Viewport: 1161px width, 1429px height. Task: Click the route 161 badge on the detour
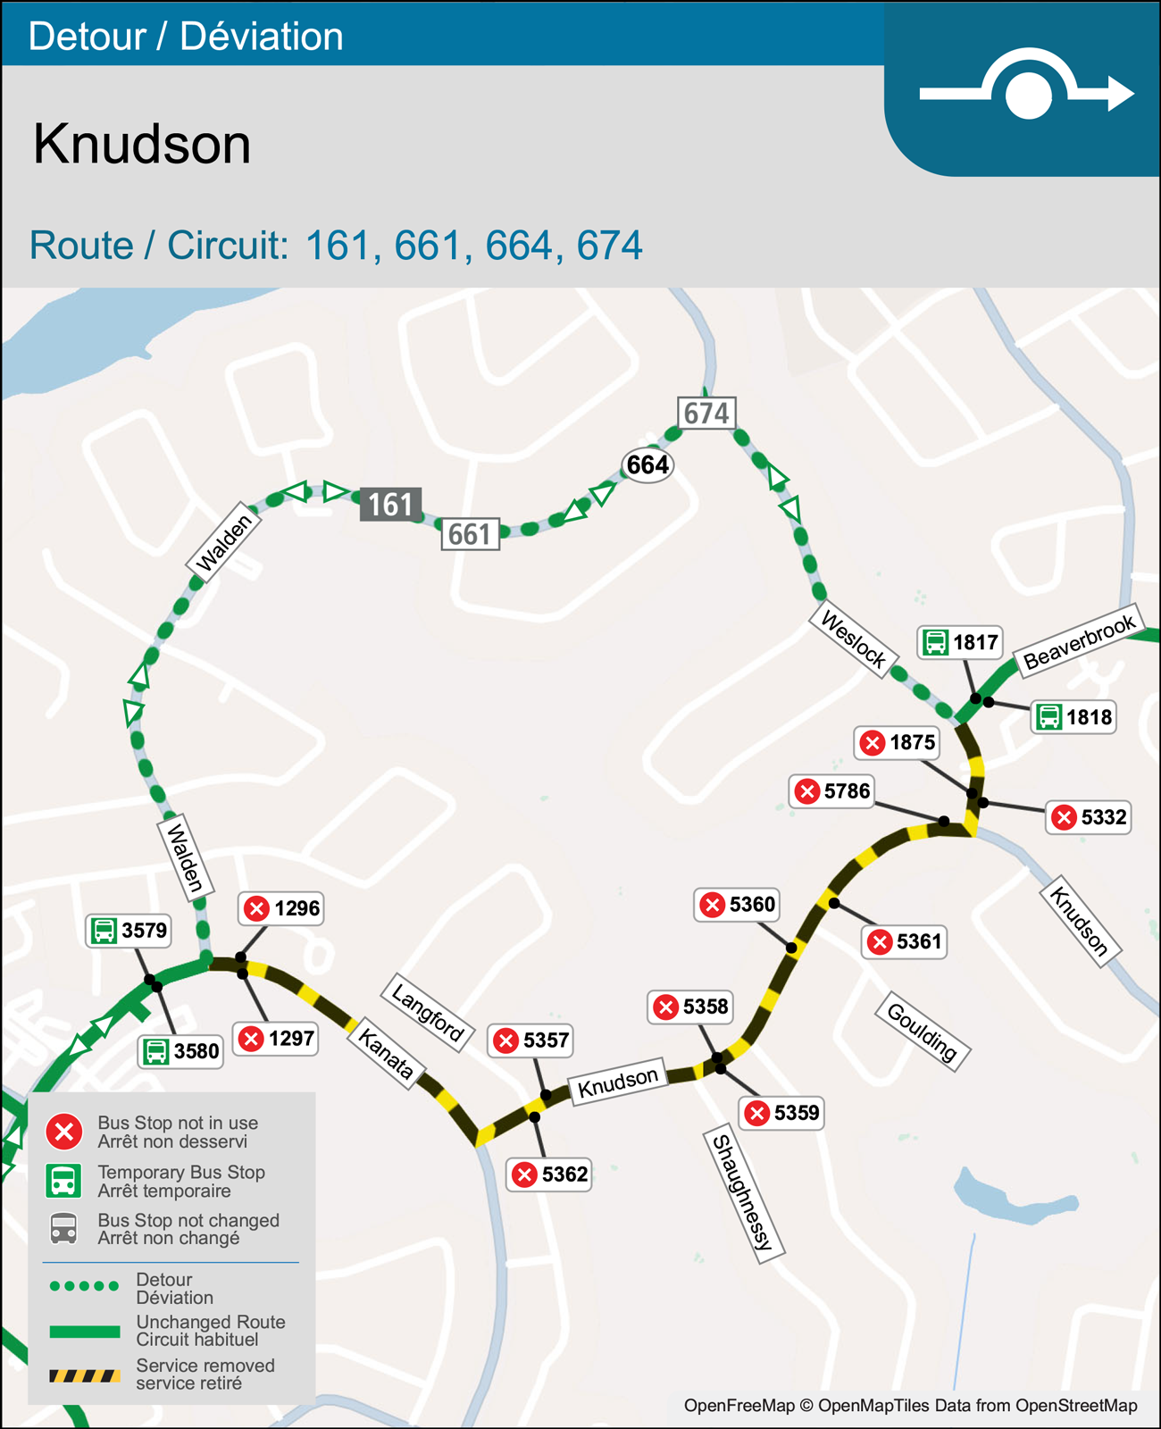(x=390, y=505)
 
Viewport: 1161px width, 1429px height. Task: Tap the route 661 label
(x=470, y=534)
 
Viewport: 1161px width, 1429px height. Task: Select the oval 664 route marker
(x=647, y=464)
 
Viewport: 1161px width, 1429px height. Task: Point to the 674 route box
(x=706, y=414)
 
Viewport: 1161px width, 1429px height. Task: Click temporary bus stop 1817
(x=960, y=642)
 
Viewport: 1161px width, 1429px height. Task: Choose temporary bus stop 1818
(x=1073, y=717)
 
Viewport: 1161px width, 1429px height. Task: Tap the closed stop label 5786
(x=831, y=791)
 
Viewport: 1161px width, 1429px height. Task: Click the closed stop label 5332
(x=1089, y=817)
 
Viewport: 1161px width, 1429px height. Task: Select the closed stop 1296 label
(x=281, y=908)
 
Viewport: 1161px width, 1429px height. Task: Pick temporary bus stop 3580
(x=180, y=1051)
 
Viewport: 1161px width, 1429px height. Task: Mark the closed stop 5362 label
(x=550, y=1174)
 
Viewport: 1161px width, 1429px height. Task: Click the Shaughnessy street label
(x=743, y=1196)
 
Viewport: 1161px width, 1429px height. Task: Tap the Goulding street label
(x=923, y=1032)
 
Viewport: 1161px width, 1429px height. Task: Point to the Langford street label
(x=428, y=1013)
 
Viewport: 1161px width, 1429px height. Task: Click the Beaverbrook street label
(x=1079, y=642)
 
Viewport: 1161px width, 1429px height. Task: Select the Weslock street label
(x=853, y=639)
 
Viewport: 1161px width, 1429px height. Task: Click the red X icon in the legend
(x=64, y=1132)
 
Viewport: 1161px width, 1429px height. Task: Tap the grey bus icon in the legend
(x=63, y=1229)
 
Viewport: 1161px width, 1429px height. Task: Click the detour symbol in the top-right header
(x=1027, y=90)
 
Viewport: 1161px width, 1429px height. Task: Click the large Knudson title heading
(x=142, y=144)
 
